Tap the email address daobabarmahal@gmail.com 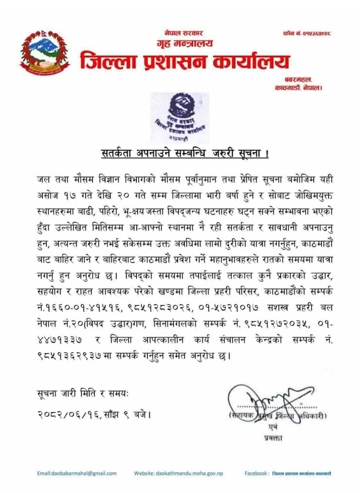pos(77,473)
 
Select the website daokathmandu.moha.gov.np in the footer pos(178,473)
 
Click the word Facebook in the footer pos(256,473)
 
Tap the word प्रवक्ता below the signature pos(273,438)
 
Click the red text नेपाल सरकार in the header pos(184,34)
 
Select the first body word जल pos(41,179)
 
